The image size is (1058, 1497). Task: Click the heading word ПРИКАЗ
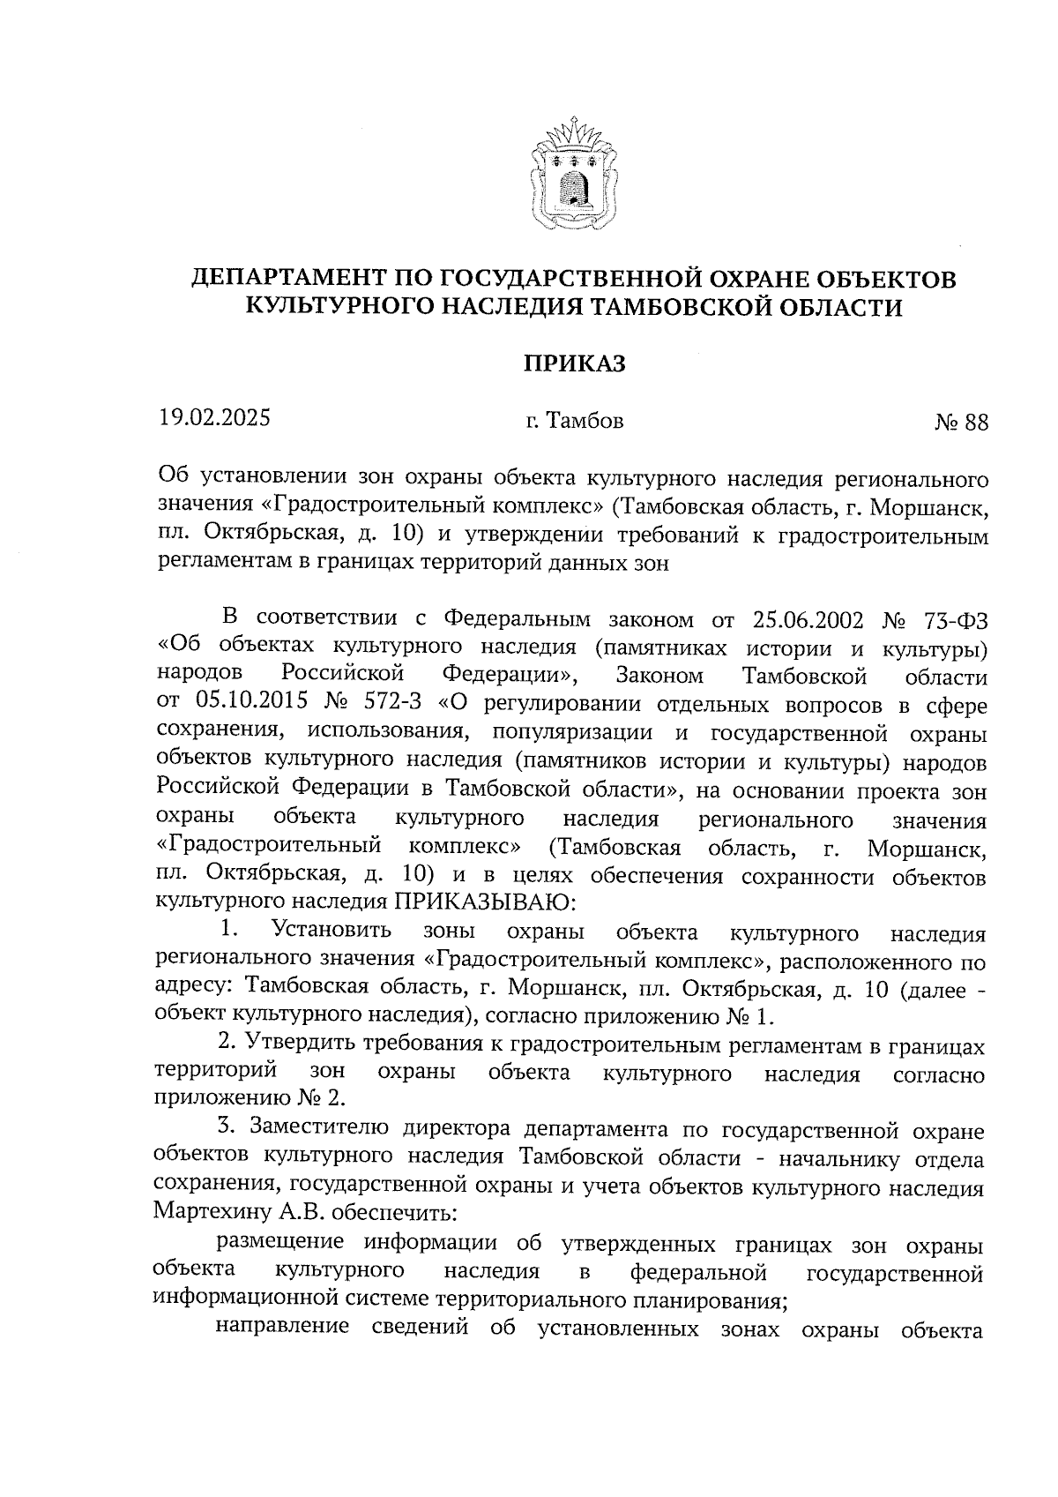(x=574, y=363)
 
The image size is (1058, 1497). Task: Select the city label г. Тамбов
(x=574, y=422)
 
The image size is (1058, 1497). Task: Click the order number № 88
(x=961, y=423)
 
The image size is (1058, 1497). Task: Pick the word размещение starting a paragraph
(x=279, y=1242)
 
